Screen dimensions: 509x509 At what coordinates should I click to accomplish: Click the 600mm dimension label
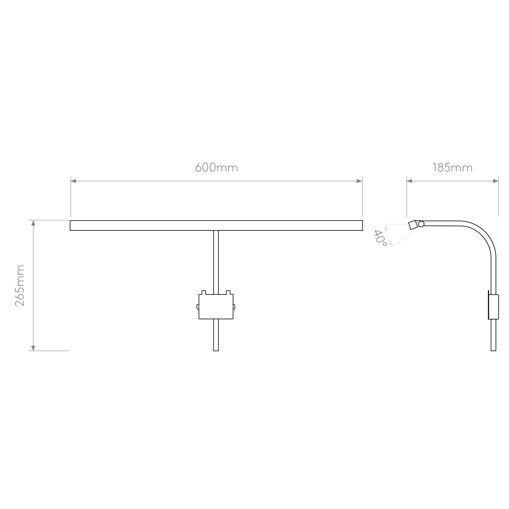pyautogui.click(x=217, y=167)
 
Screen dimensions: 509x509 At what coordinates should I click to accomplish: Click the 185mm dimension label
pyautogui.click(x=452, y=167)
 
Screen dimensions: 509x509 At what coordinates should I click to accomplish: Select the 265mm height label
pyautogui.click(x=20, y=286)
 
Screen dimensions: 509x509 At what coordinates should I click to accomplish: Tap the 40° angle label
pyautogui.click(x=380, y=238)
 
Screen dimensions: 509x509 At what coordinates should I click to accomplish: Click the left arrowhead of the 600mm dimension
pyautogui.click(x=73, y=181)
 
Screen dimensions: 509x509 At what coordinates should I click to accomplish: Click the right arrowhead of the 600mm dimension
pyautogui.click(x=359, y=181)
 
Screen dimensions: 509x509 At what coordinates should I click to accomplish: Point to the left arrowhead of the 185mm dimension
pyautogui.click(x=409, y=181)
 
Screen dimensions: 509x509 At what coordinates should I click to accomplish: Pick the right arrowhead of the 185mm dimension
pyautogui.click(x=496, y=181)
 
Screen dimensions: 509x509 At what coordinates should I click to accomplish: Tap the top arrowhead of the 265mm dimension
pyautogui.click(x=33, y=223)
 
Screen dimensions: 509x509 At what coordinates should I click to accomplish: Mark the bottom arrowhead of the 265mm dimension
pyautogui.click(x=33, y=348)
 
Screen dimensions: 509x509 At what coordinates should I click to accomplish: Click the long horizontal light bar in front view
pyautogui.click(x=216, y=226)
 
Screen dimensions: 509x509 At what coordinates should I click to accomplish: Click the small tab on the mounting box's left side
pyautogui.click(x=197, y=307)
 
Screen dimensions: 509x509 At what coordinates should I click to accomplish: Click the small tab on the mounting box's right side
pyautogui.click(x=234, y=307)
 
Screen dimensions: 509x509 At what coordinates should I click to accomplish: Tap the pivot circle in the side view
pyautogui.click(x=421, y=224)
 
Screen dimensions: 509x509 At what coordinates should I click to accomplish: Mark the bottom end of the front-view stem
pyautogui.click(x=216, y=351)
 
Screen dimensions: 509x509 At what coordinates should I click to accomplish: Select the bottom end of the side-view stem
pyautogui.click(x=494, y=351)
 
